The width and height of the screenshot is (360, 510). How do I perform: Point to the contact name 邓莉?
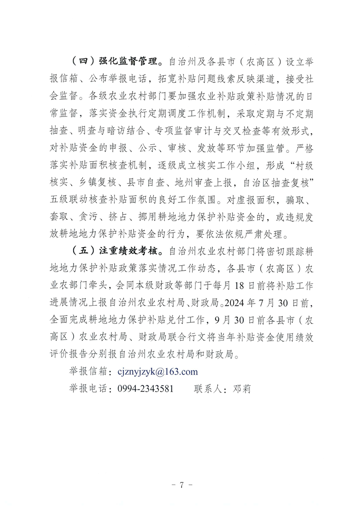tap(242, 389)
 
